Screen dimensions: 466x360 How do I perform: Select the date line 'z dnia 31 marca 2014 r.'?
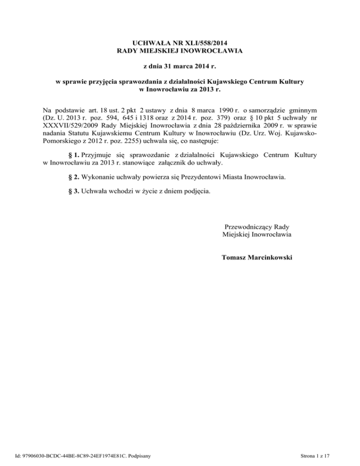(180, 66)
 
